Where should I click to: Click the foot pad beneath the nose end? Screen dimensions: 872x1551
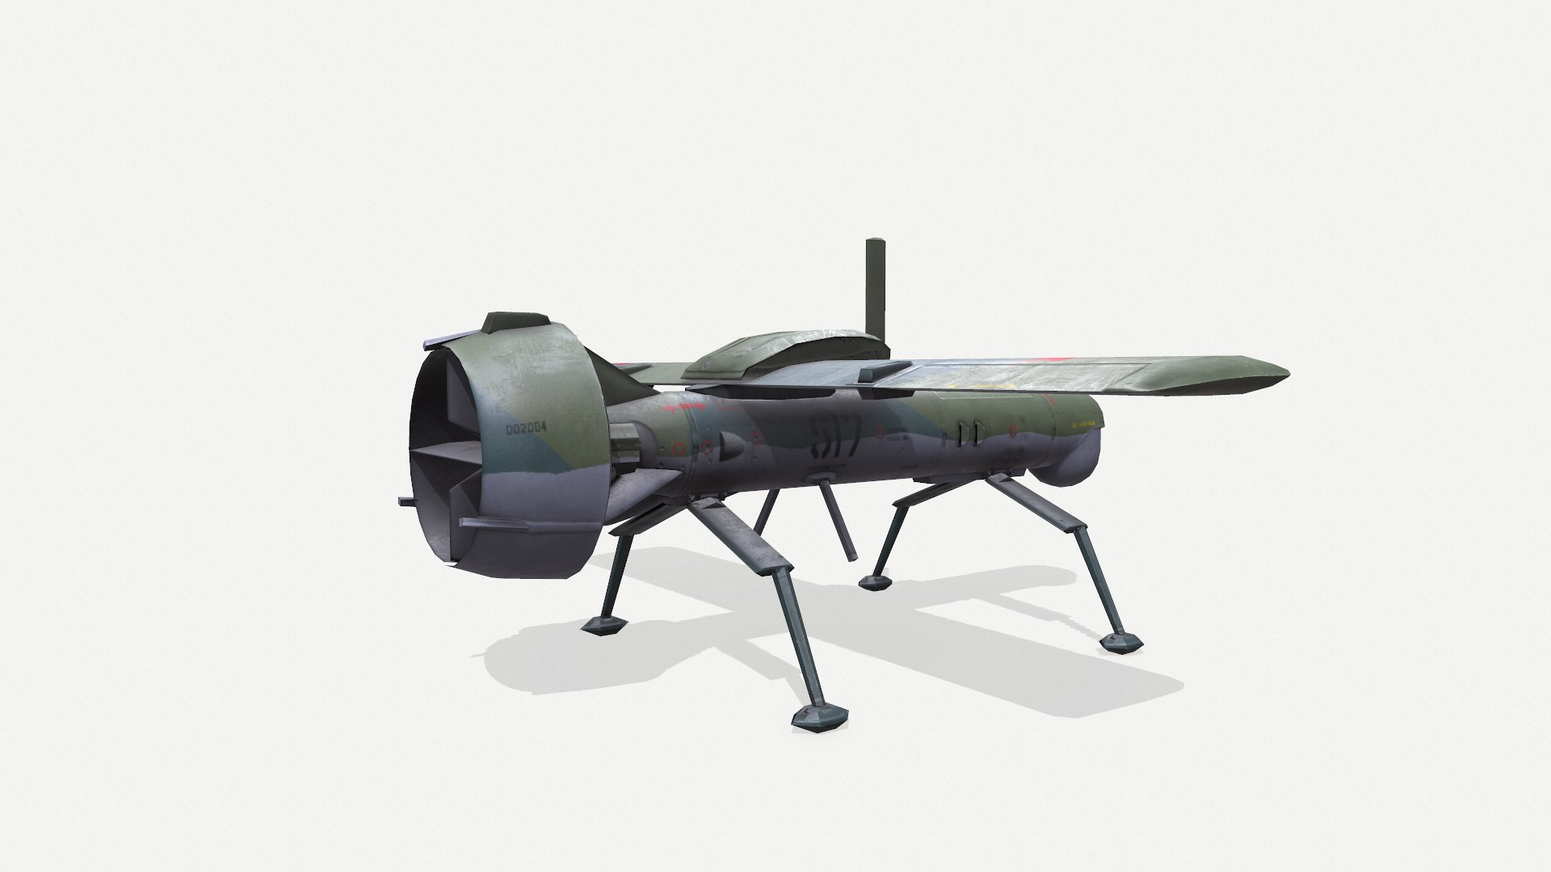click(x=1121, y=641)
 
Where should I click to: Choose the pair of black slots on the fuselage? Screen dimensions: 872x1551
click(x=969, y=434)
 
